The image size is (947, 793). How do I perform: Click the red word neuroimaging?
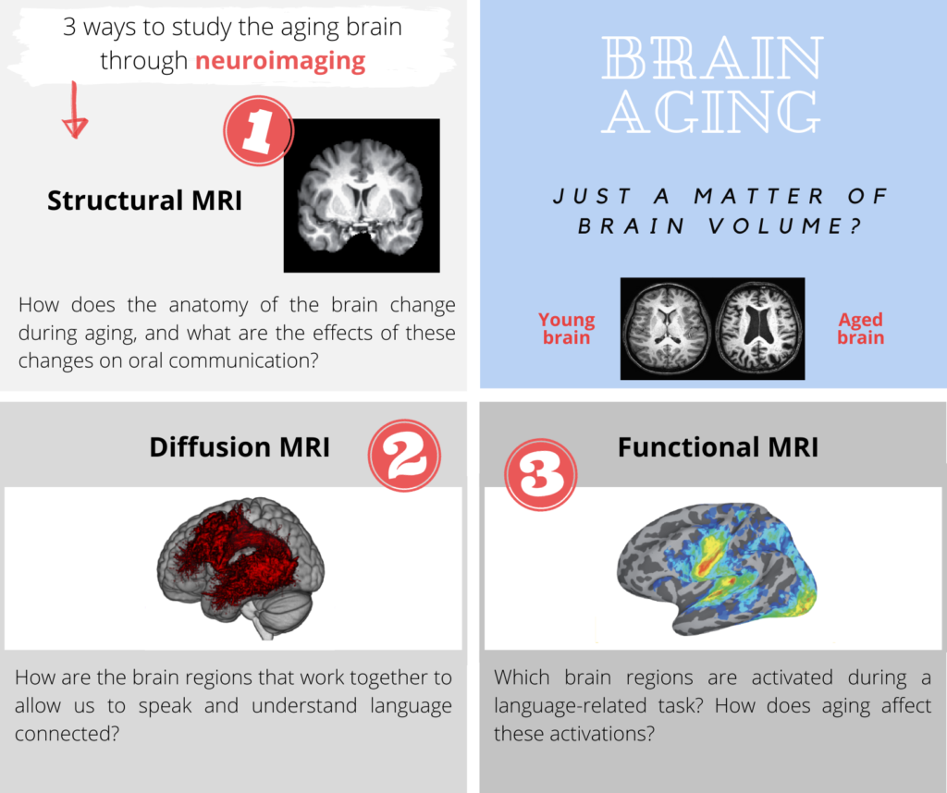coord(280,62)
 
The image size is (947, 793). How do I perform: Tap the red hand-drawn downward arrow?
coord(75,110)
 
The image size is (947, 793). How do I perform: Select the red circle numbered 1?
coord(259,130)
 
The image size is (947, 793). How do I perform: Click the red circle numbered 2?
coord(405,456)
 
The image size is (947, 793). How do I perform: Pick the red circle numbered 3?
coord(541,474)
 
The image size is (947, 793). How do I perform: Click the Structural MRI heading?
coord(144,201)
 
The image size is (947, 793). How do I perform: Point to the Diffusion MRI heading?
coord(240,447)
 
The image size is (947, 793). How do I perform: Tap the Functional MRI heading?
coord(718,447)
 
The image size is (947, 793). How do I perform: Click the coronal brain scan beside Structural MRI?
coord(362,196)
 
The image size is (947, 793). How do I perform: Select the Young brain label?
coord(567,328)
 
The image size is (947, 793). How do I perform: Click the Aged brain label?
coord(861,328)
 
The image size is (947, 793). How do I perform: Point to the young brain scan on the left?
coord(668,328)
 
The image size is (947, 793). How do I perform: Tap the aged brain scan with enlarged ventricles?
coord(759,328)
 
